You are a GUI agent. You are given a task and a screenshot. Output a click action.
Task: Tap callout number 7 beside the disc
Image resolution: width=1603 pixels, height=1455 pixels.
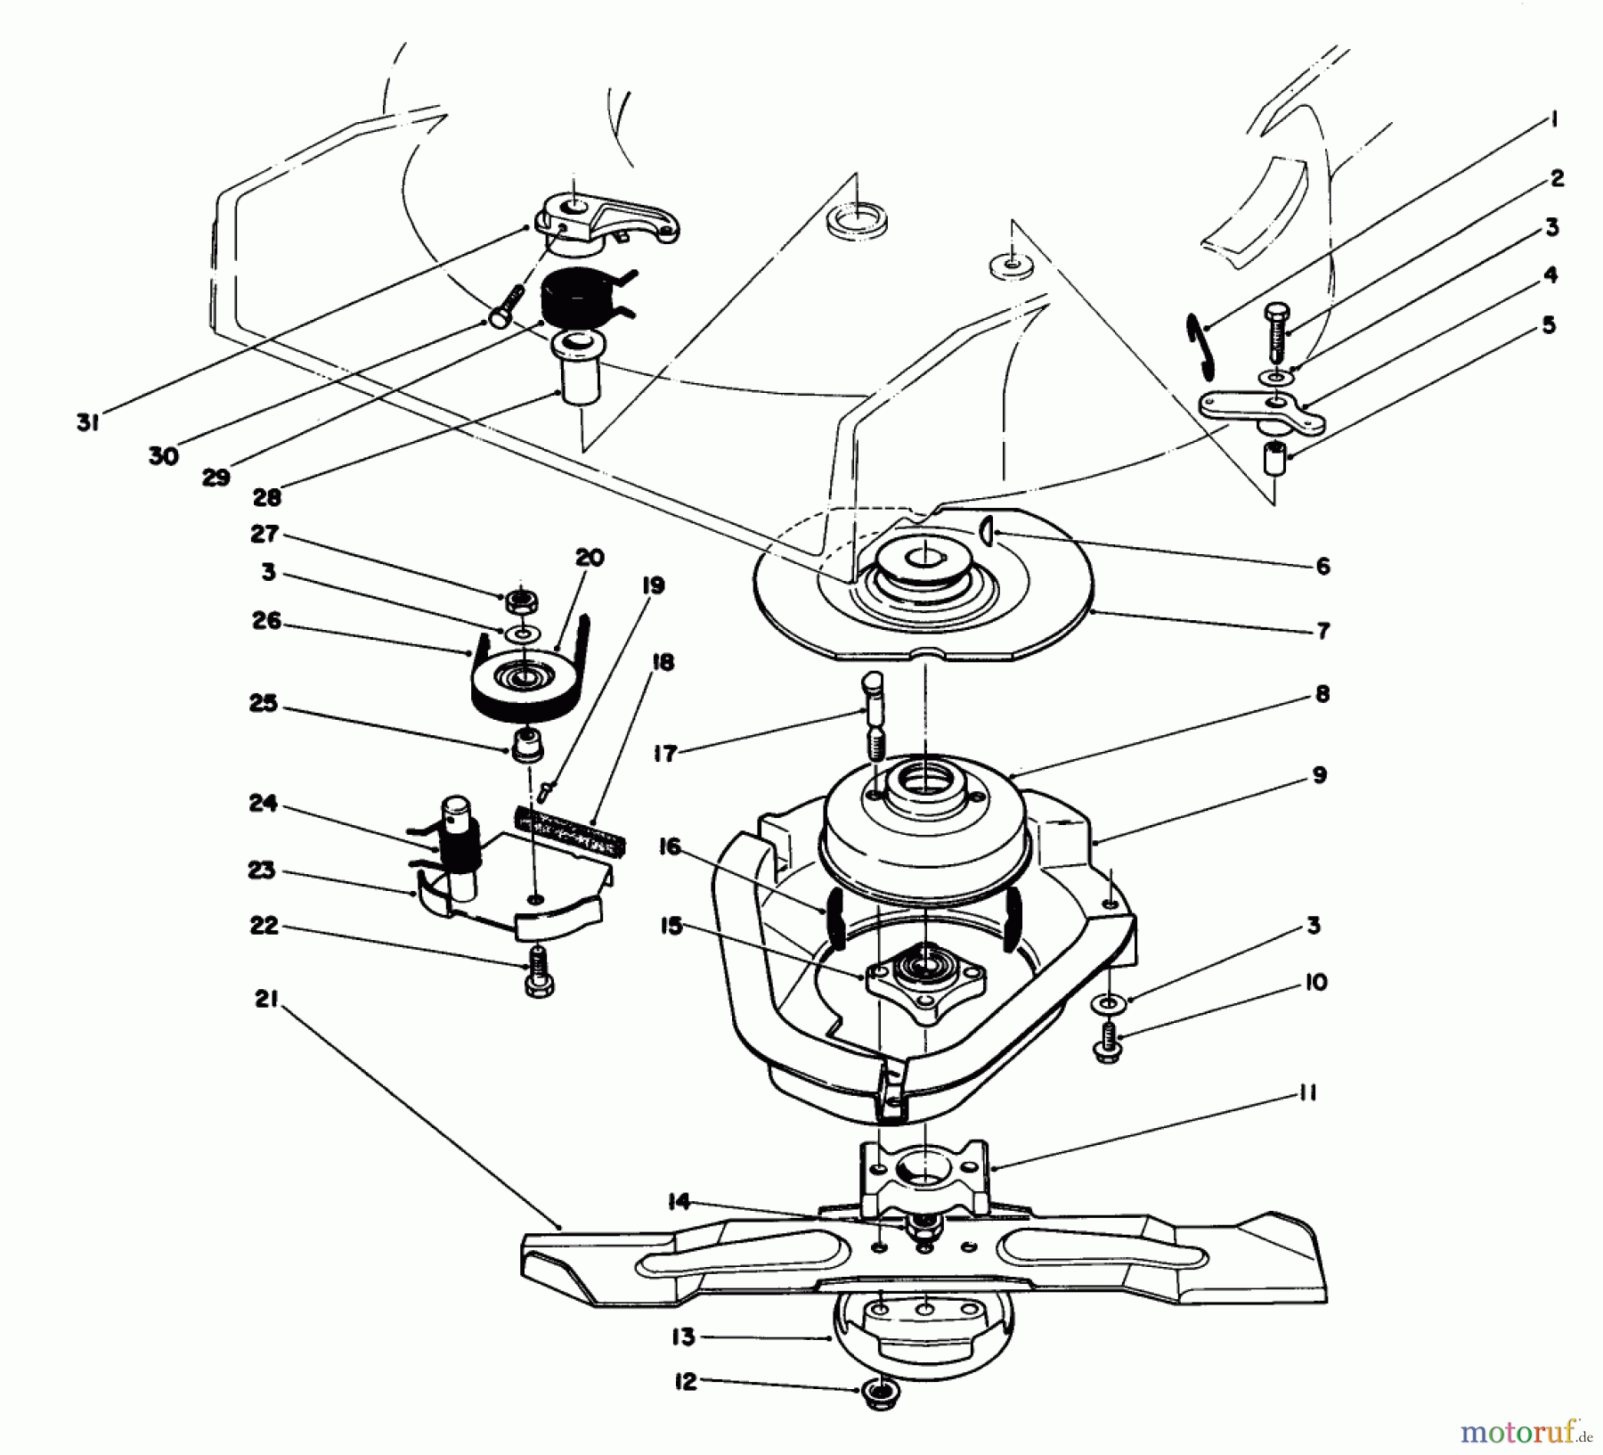click(1322, 631)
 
